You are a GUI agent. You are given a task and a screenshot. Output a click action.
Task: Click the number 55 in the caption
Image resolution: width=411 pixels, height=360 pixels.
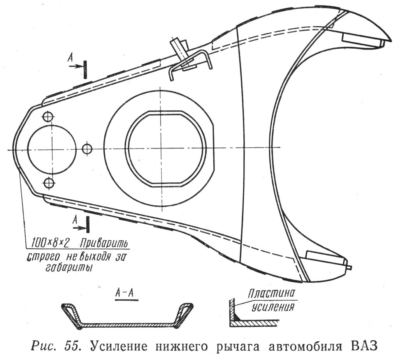(x=72, y=346)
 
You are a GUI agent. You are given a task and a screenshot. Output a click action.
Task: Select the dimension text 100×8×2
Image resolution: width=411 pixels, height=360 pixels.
(x=50, y=243)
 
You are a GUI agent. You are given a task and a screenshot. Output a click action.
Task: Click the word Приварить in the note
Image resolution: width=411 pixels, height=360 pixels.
(x=104, y=243)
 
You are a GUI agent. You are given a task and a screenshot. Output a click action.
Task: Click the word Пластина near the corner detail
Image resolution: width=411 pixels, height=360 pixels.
(x=272, y=293)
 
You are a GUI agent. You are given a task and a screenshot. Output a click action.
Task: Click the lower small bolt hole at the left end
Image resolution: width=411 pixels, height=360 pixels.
(x=49, y=183)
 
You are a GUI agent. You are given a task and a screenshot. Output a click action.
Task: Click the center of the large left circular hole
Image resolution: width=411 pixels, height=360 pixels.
(x=52, y=149)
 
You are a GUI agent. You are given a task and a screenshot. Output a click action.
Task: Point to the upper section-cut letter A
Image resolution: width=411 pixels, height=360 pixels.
(x=70, y=57)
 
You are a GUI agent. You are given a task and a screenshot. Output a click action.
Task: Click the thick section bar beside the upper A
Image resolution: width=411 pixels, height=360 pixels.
(x=85, y=69)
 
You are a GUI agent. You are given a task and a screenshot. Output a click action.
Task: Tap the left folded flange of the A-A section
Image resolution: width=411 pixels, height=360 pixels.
(x=71, y=314)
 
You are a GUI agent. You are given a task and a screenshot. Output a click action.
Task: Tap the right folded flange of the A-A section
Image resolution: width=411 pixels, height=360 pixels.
(x=184, y=314)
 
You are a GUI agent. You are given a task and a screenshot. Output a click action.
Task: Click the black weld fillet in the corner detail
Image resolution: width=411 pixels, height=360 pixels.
(x=236, y=317)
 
